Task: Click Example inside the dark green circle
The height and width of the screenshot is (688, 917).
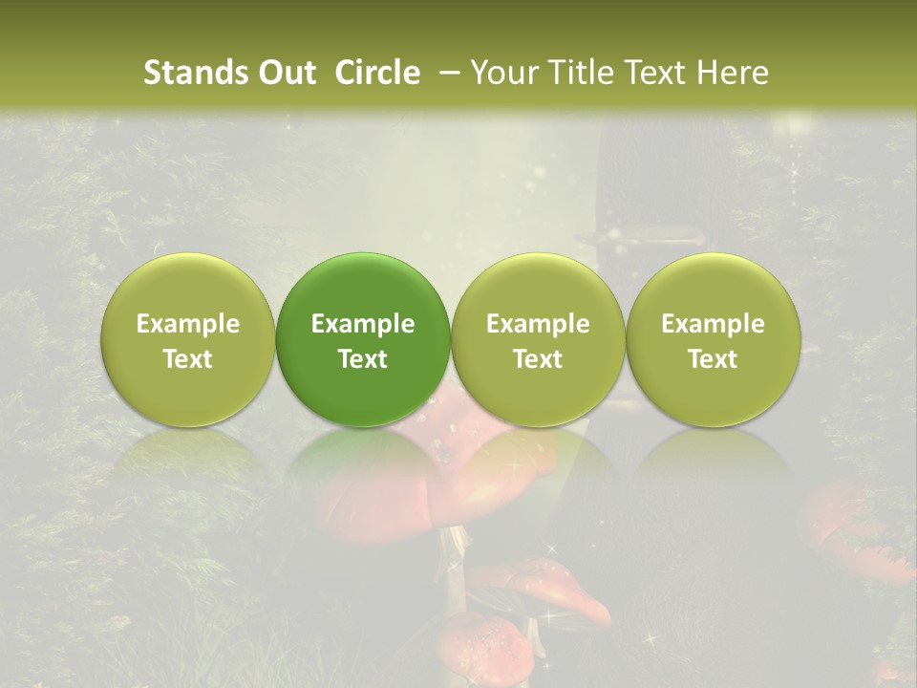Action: [x=363, y=324]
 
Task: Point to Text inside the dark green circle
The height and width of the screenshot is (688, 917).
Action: [x=363, y=359]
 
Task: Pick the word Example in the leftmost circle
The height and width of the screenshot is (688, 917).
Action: [x=188, y=324]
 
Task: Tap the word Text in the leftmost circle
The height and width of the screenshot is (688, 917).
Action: [x=188, y=359]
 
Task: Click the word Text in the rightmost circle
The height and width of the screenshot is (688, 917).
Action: [x=714, y=359]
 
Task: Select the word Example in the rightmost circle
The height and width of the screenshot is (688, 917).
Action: [x=714, y=324]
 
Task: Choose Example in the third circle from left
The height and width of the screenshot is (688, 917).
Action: [x=538, y=324]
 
